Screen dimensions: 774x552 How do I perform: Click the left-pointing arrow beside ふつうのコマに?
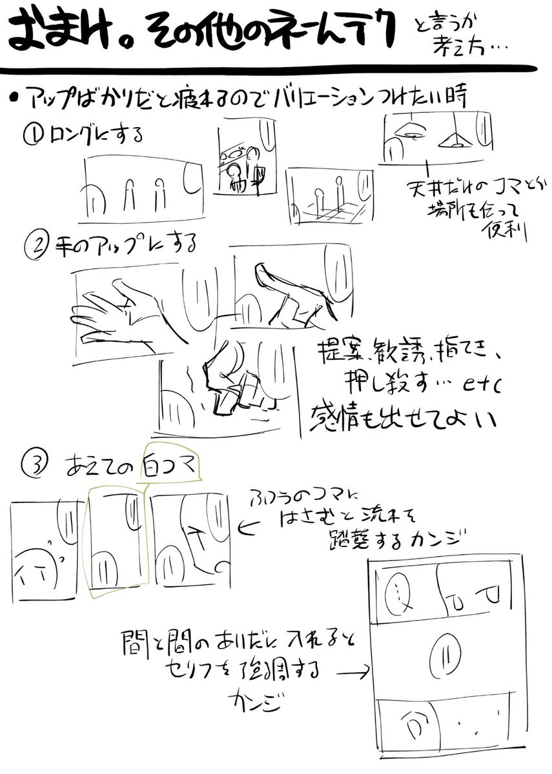[247, 530]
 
